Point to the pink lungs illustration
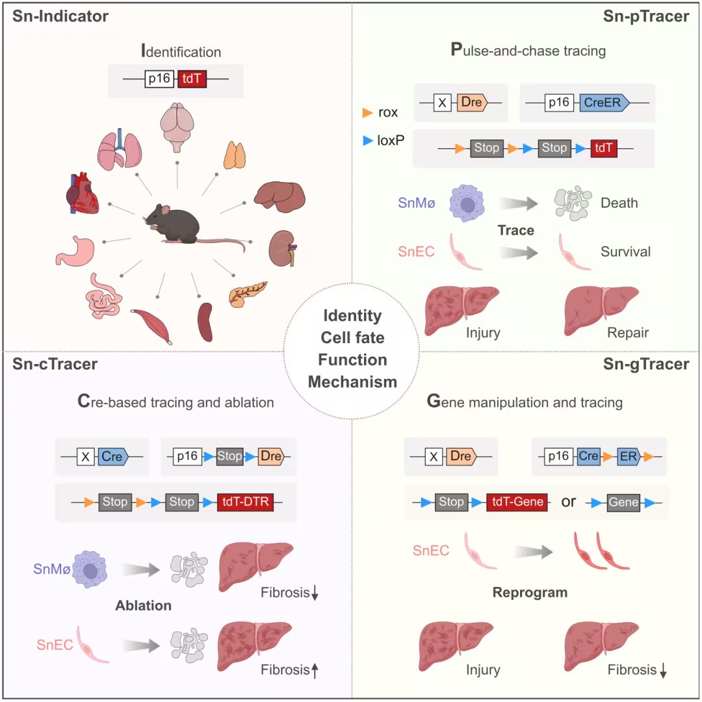(120, 151)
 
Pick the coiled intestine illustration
(103, 294)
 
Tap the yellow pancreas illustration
(247, 293)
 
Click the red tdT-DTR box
(246, 502)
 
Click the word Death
(619, 203)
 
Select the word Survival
(625, 251)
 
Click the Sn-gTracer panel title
(646, 364)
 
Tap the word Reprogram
(530, 592)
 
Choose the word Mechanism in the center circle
(352, 382)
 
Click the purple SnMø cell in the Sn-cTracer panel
(88, 569)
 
